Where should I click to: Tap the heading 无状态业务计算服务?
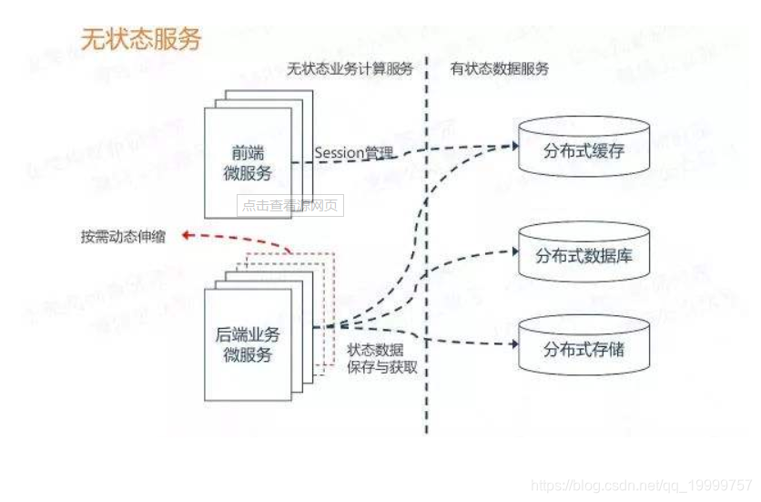click(x=350, y=69)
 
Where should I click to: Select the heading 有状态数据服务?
click(x=500, y=69)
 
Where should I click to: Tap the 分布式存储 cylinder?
click(x=583, y=349)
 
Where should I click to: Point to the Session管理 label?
click(x=354, y=152)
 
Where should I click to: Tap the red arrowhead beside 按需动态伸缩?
click(x=185, y=235)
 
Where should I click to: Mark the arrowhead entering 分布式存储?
click(x=513, y=345)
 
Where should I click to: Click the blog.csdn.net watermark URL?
click(x=642, y=486)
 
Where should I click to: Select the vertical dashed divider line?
click(x=426, y=273)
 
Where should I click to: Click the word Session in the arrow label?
click(x=340, y=152)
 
